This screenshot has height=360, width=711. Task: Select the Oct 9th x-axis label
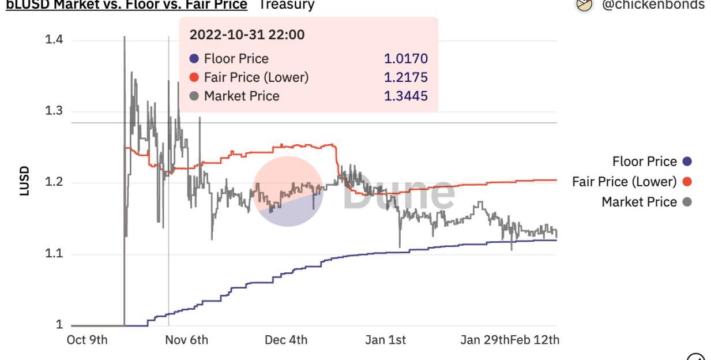click(x=87, y=340)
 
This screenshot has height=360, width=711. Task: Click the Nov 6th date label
click(x=186, y=340)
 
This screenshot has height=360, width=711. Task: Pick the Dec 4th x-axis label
click(x=286, y=340)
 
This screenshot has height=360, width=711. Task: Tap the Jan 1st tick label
click(x=385, y=340)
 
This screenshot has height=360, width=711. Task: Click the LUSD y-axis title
click(x=24, y=181)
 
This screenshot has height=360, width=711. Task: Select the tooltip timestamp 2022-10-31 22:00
click(x=247, y=35)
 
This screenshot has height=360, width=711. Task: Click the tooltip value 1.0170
click(x=406, y=59)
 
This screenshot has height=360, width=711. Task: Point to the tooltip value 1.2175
click(x=406, y=77)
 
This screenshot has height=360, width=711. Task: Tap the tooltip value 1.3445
click(x=406, y=96)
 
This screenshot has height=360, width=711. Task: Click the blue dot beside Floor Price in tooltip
click(x=194, y=59)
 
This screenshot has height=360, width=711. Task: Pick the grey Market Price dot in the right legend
click(x=687, y=202)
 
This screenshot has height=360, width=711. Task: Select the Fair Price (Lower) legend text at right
click(x=624, y=182)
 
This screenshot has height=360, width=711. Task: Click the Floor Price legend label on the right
click(x=644, y=162)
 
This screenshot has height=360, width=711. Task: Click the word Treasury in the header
click(x=286, y=5)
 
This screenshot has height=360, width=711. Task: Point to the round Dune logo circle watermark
click(x=288, y=191)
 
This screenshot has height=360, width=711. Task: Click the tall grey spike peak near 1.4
click(x=124, y=37)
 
